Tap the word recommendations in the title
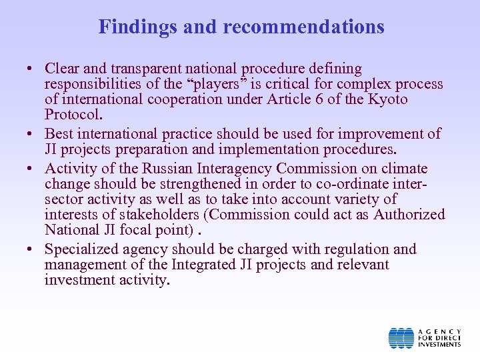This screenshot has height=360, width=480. pos(303,27)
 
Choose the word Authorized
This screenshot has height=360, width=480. pos(409,215)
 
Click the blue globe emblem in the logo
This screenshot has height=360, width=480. pos(401,338)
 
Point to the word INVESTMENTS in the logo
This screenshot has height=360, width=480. pos(439,345)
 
